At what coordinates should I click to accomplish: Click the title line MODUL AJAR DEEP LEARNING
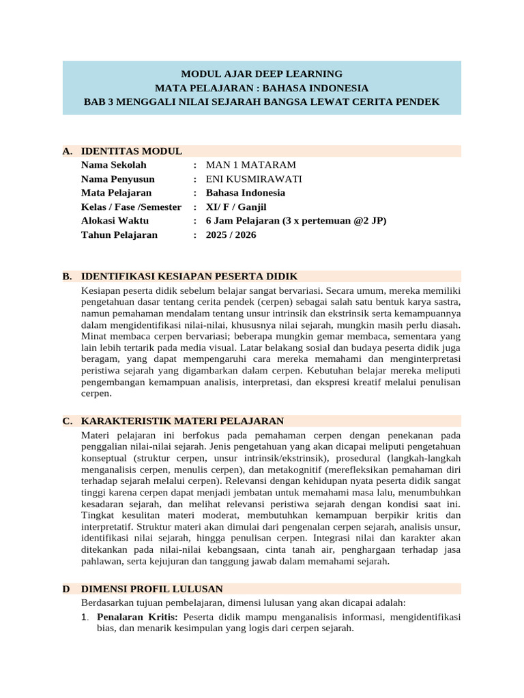261,74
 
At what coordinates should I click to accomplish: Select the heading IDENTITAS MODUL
131,151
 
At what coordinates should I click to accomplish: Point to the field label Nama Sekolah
113,165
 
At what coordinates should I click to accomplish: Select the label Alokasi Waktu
115,221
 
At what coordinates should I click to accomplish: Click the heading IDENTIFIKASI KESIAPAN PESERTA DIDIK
189,276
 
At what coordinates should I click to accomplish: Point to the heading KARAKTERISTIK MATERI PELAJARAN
182,421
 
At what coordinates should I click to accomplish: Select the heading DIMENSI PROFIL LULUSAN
151,588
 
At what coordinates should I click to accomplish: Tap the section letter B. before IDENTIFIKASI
67,276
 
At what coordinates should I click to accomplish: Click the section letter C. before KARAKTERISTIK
67,421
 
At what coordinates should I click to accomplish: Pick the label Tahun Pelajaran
119,234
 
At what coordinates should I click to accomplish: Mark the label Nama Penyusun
117,179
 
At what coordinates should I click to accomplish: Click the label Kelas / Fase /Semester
131,207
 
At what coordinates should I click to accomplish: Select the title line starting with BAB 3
261,102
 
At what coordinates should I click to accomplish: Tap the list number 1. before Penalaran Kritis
86,617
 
